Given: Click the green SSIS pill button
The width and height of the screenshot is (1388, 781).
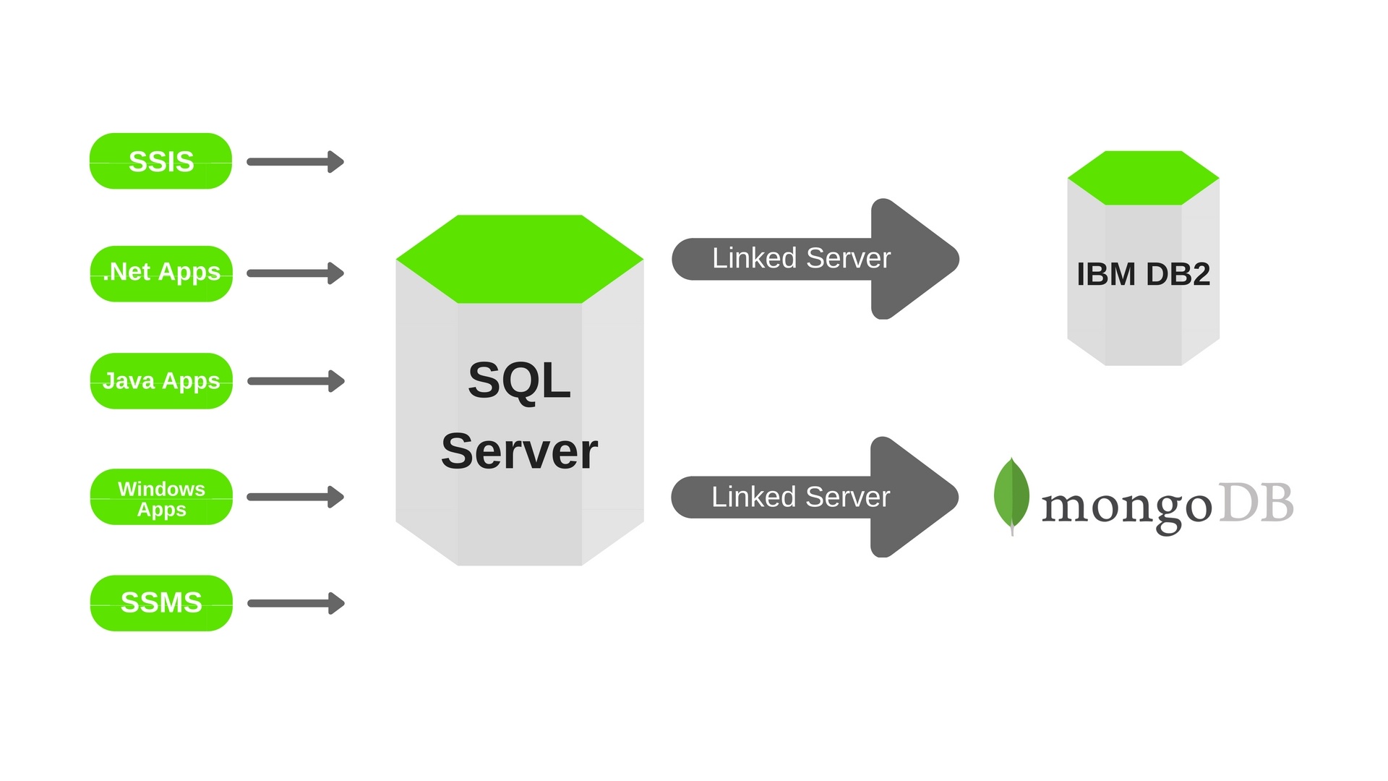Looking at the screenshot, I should (x=160, y=161).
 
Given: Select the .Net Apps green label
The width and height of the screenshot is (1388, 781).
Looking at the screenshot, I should (x=161, y=273).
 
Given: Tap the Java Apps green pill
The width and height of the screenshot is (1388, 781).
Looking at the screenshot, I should (x=161, y=381).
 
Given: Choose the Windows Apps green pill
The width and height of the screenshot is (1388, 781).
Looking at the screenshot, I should (x=161, y=498).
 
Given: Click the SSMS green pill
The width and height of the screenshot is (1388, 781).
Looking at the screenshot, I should (x=161, y=603).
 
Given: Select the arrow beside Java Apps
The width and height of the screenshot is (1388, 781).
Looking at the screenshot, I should (x=296, y=381).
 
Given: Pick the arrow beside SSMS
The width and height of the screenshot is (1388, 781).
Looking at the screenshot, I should (x=296, y=603).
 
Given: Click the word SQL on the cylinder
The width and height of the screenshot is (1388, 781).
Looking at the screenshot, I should (x=519, y=380).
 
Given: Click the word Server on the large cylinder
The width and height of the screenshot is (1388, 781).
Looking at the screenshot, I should (x=519, y=451).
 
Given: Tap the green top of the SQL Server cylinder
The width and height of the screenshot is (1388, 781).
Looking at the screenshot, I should (x=519, y=259).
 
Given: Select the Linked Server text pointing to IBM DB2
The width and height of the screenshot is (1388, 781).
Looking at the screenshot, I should (x=801, y=258).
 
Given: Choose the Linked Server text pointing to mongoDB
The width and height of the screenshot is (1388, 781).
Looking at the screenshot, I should (x=800, y=497).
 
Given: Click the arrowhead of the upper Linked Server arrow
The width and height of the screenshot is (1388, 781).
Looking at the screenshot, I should (x=914, y=259).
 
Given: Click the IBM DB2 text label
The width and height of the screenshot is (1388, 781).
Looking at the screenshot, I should (x=1143, y=274).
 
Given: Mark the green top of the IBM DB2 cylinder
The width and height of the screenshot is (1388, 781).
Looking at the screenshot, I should (x=1143, y=178).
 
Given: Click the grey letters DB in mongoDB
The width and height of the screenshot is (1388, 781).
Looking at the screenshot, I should (x=1256, y=503).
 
